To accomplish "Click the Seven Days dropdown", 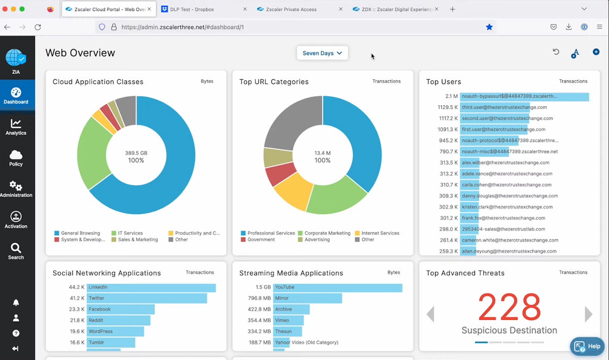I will pos(322,53).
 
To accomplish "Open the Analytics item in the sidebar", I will pos(16,127).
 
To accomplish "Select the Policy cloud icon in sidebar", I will pos(16,158).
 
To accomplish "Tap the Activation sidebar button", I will pos(16,220).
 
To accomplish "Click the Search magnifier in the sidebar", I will pos(16,251).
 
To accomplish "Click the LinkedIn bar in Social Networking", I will pos(151,287).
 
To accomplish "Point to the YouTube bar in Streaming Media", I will pos(337,287).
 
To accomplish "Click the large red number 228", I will pos(509,307).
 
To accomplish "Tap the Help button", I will pos(587,346).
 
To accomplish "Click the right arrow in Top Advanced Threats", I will pos(588,314).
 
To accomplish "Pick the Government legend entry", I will pos(260,240).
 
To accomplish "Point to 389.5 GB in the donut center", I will pos(136,153).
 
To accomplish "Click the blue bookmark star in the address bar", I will pos(489,27).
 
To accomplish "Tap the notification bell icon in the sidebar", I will pos(16,303).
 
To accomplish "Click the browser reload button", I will pos(38,27).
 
